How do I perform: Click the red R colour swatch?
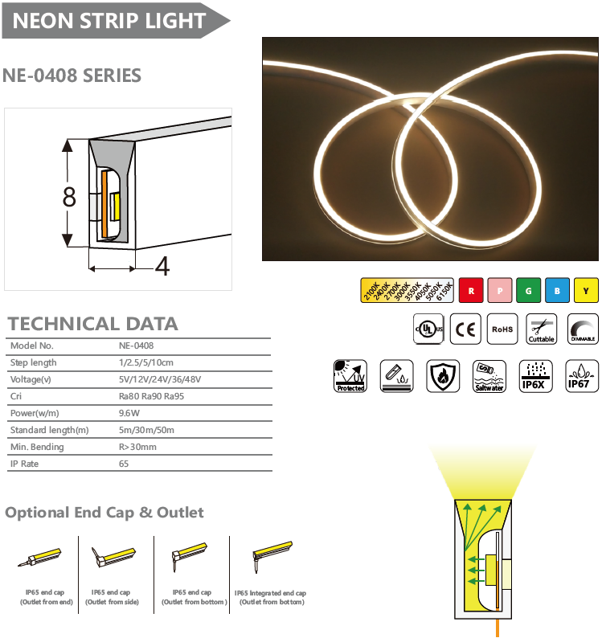pyautogui.click(x=470, y=289)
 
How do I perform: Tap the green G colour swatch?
pyautogui.click(x=528, y=289)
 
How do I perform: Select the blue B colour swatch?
pyautogui.click(x=557, y=289)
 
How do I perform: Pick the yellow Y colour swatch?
pyautogui.click(x=587, y=289)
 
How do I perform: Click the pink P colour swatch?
pyautogui.click(x=499, y=289)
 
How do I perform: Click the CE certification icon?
pyautogui.click(x=465, y=329)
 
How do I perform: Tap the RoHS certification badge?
pyautogui.click(x=502, y=329)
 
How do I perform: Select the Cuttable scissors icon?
pyautogui.click(x=541, y=329)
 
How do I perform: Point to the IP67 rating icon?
pyautogui.click(x=582, y=375)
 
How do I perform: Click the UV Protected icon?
pyautogui.click(x=350, y=375)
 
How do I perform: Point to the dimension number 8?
pyautogui.click(x=70, y=196)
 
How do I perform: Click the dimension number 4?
pyautogui.click(x=162, y=267)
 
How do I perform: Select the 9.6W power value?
pyautogui.click(x=129, y=413)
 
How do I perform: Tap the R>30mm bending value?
pyautogui.click(x=137, y=447)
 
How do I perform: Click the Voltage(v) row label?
pyautogui.click(x=31, y=379)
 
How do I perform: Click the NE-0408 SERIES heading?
pyautogui.click(x=72, y=76)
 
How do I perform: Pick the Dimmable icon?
pyautogui.click(x=583, y=329)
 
